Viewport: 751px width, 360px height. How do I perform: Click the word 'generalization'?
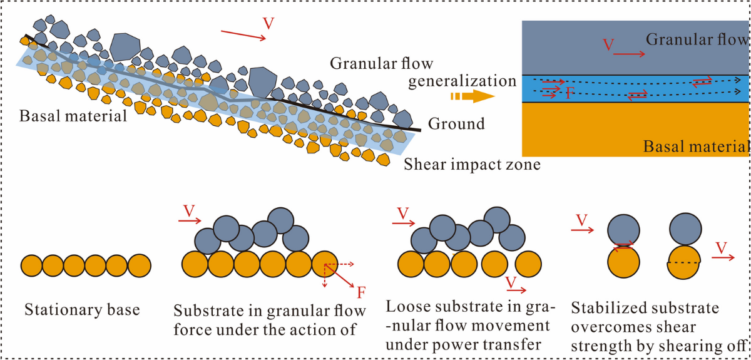461,81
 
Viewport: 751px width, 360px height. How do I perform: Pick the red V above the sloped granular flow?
268,24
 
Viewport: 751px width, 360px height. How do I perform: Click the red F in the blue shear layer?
569,94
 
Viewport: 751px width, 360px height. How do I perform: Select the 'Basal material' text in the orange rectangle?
695,147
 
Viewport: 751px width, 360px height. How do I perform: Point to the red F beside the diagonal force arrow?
360,292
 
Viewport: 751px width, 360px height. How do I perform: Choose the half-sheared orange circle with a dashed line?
684,263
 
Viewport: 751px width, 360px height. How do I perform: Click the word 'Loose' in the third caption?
403,308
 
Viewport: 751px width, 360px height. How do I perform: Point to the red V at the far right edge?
722,249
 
